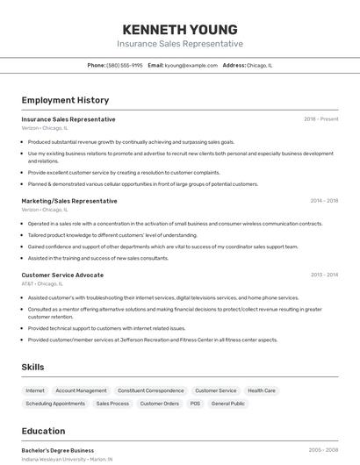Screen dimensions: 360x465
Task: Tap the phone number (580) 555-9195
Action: tap(125, 65)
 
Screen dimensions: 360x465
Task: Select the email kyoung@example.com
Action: tap(192, 65)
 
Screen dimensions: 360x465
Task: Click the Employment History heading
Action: tap(65, 100)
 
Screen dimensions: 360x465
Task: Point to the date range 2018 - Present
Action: tap(320, 119)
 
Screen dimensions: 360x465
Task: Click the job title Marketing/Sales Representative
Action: tap(68, 201)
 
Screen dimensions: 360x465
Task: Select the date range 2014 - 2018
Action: tap(324, 201)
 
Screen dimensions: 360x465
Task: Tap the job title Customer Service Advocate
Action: tap(61, 275)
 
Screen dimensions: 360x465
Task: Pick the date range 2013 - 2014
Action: tap(324, 275)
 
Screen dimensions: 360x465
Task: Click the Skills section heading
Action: tap(32, 367)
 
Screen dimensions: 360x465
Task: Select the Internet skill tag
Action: tap(35, 390)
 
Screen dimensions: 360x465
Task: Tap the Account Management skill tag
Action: tap(81, 390)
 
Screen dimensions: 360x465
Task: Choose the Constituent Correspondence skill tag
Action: tap(151, 390)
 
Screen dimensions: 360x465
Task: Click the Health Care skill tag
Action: tap(262, 390)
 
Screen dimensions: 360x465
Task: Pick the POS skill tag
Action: tap(195, 404)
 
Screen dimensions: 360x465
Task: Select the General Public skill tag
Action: tap(227, 404)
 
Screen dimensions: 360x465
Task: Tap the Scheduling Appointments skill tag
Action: tap(55, 404)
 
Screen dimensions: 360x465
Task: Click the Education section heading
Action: tap(43, 431)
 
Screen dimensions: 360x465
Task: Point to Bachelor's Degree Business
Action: tap(58, 450)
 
